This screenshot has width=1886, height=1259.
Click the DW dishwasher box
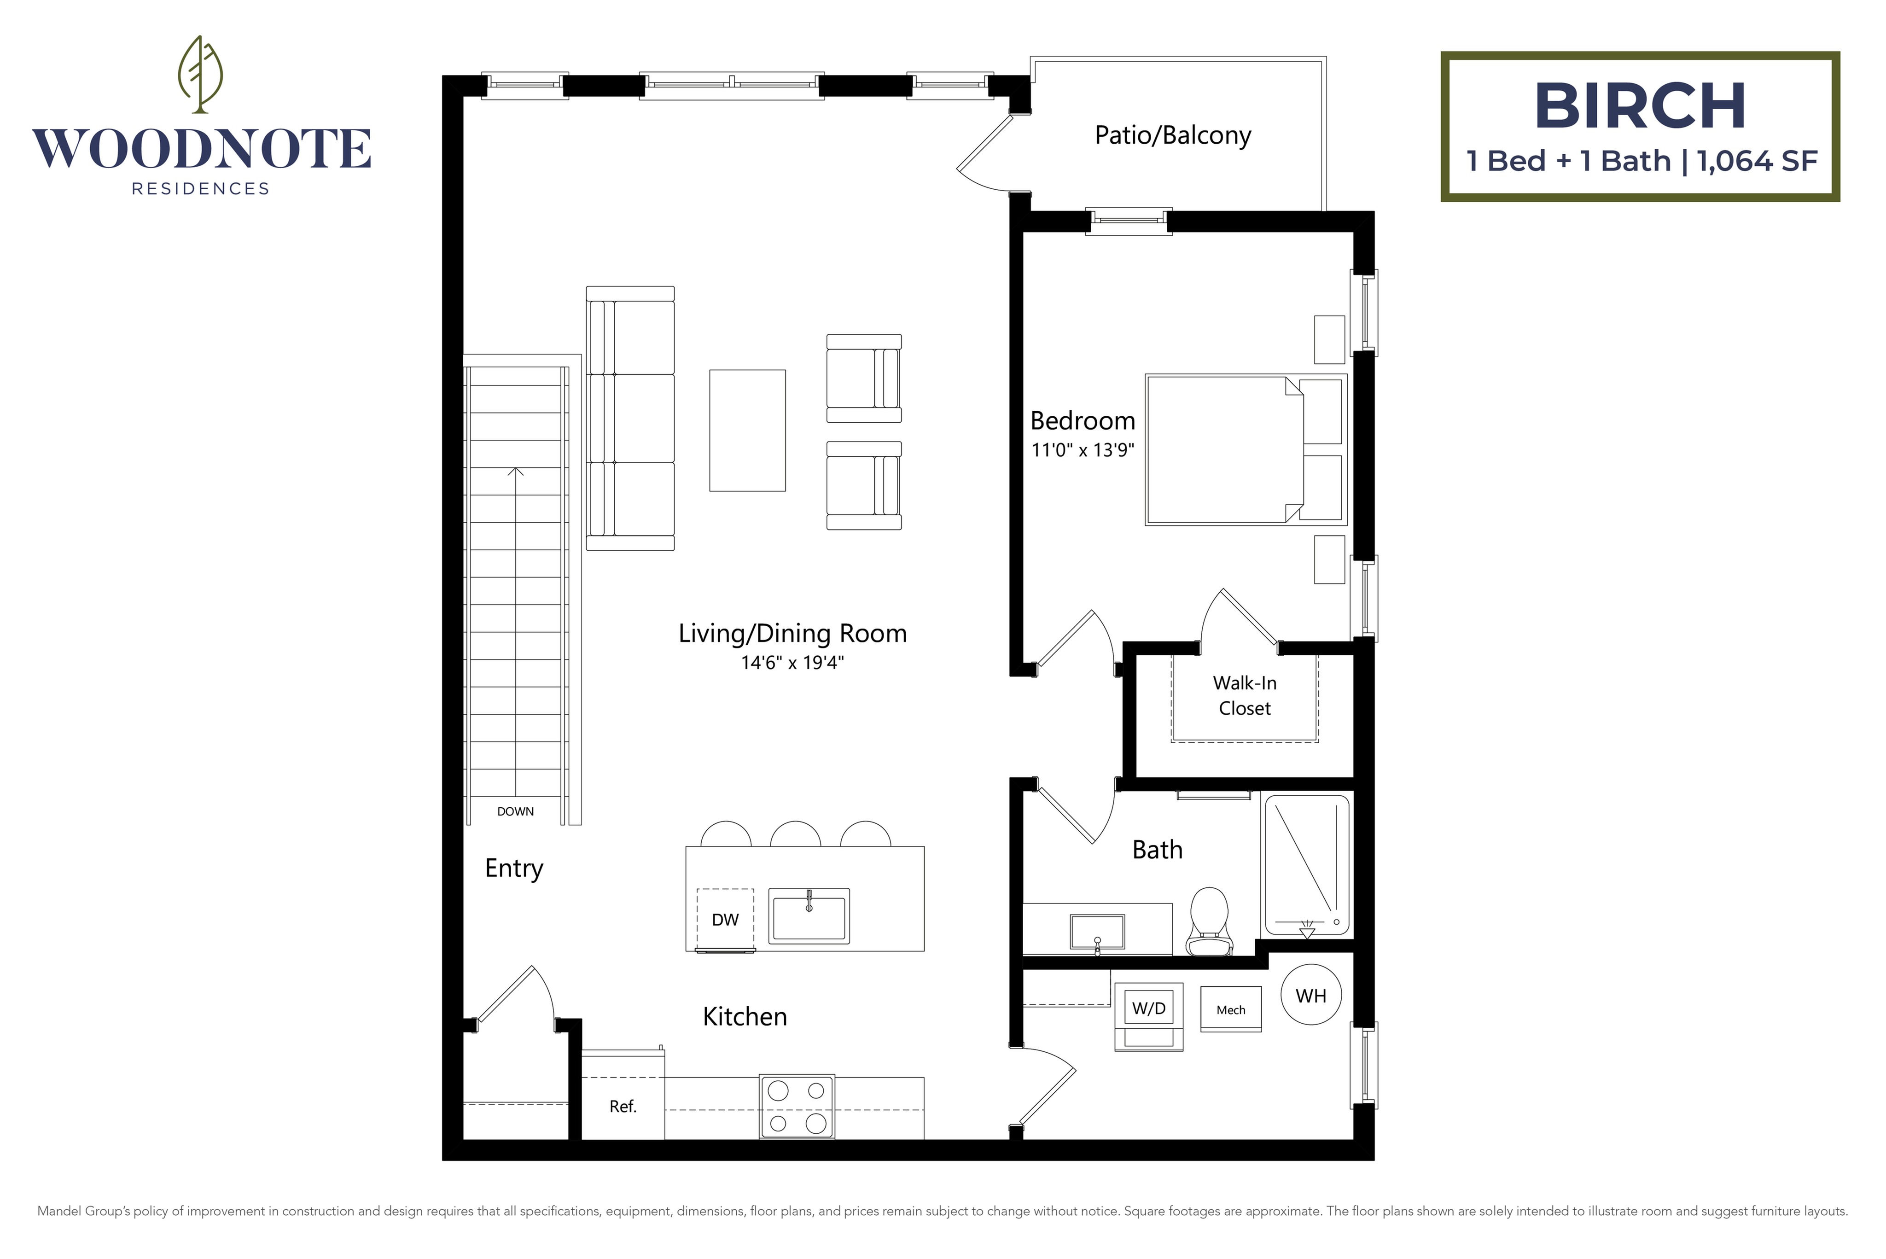(725, 919)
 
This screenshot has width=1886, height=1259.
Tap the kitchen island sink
(809, 915)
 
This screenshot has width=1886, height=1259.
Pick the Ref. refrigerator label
(622, 1107)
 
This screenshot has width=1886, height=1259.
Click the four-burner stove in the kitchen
(797, 1107)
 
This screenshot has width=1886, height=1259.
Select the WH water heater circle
(1310, 996)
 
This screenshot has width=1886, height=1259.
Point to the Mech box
(1230, 1009)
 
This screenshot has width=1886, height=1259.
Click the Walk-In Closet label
(1245, 695)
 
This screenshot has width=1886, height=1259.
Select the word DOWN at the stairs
(515, 812)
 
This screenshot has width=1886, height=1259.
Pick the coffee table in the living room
(747, 431)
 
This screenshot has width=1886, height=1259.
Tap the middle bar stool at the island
(795, 835)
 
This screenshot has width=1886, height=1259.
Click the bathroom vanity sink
(1097, 932)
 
